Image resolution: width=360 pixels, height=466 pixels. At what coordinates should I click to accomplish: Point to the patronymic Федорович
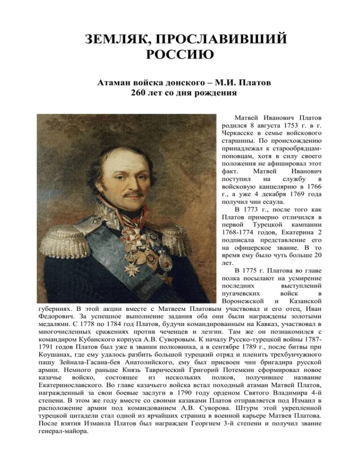(x=58, y=316)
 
